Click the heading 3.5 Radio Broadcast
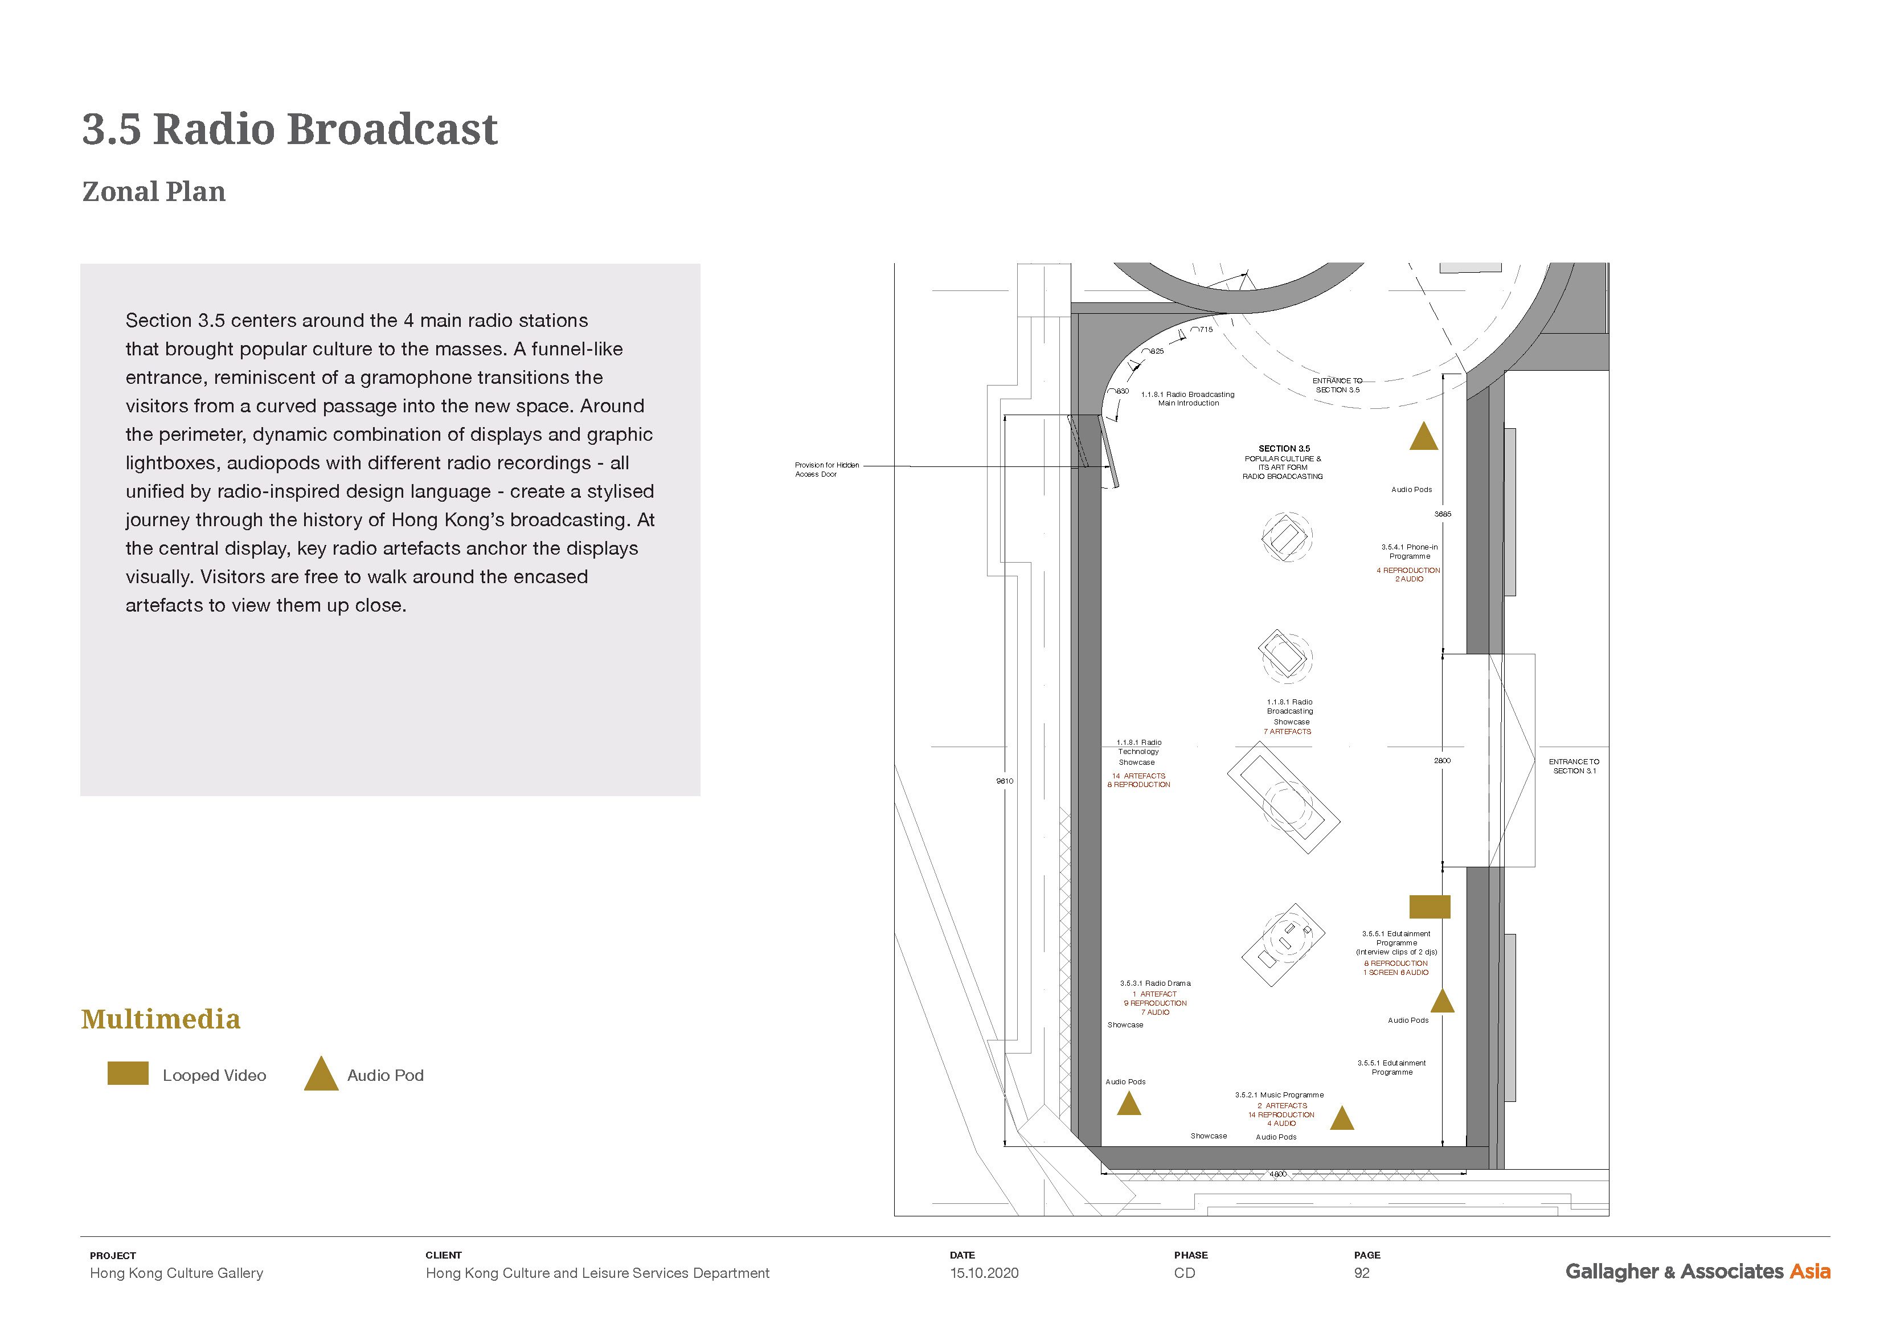click(290, 130)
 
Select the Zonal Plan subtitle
click(153, 192)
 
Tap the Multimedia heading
click(161, 1019)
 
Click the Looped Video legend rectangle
click(128, 1073)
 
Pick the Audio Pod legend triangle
click(321, 1076)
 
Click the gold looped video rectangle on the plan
click(1430, 907)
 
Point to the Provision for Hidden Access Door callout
click(826, 469)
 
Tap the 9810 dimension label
click(1004, 781)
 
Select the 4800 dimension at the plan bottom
click(1277, 1174)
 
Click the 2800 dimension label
click(1441, 761)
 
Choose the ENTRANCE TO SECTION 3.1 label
click(1574, 767)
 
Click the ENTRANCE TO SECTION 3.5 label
click(1337, 385)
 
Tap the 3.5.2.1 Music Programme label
click(1279, 1095)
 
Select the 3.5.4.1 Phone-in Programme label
click(1409, 551)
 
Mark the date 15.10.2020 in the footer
click(984, 1273)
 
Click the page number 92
click(1361, 1273)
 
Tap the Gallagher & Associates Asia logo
click(1697, 1271)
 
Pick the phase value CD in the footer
click(1184, 1273)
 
